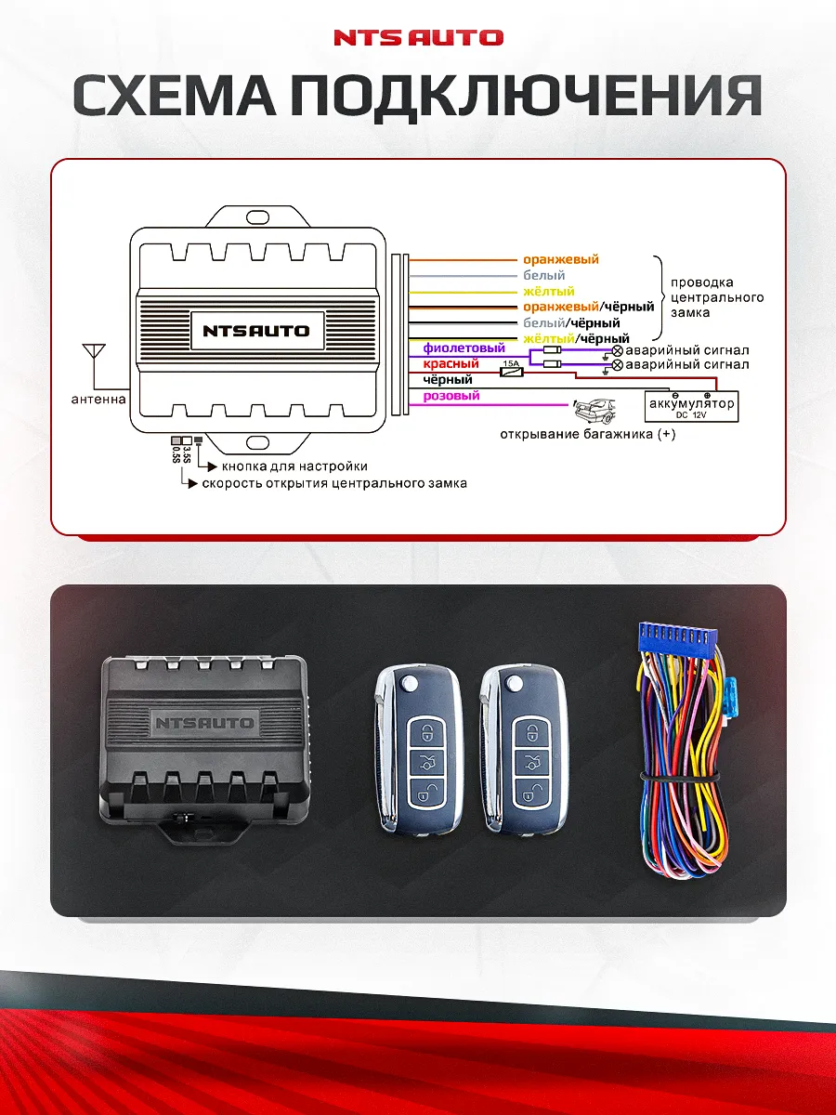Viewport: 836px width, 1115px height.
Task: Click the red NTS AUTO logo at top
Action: (x=418, y=38)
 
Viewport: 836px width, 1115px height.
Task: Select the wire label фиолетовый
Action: (x=464, y=348)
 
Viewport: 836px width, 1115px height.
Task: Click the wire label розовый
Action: (x=451, y=396)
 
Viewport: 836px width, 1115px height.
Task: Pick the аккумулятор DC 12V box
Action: (x=692, y=406)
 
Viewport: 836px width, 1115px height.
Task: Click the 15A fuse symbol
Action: (x=511, y=371)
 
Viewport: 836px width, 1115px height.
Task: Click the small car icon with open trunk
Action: (x=594, y=410)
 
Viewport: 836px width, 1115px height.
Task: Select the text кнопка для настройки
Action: (x=294, y=466)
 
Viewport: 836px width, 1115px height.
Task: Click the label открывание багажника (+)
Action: (x=588, y=434)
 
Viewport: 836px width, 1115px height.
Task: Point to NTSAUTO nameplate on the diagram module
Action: (x=256, y=330)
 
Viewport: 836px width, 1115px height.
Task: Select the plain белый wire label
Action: (x=543, y=276)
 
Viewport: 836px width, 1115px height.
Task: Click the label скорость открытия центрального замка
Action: (x=334, y=484)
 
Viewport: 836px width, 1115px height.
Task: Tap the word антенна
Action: (x=98, y=400)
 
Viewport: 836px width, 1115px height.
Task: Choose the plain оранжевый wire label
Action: (x=561, y=260)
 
